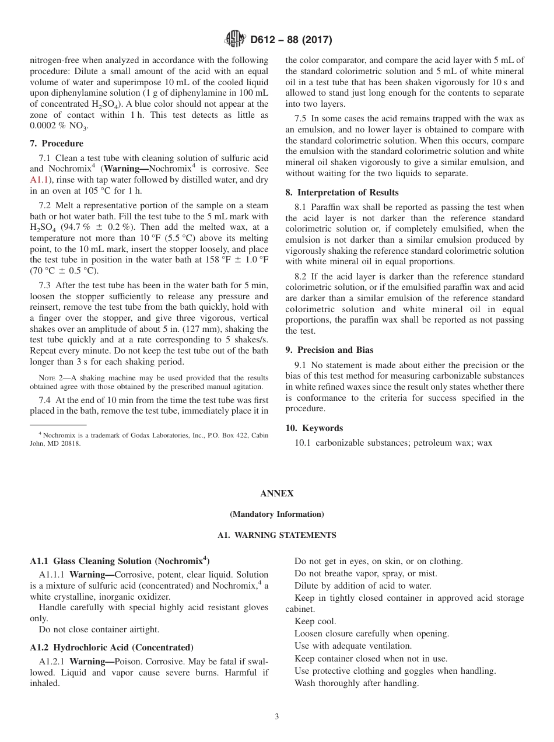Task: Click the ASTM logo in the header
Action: click(x=235, y=40)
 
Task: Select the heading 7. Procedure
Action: click(x=57, y=143)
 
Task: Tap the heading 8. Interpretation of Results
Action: click(x=342, y=192)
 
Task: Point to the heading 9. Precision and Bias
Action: click(x=329, y=350)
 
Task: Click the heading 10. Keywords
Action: click(x=314, y=428)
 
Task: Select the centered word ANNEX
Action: click(x=277, y=494)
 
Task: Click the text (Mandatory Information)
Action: click(x=277, y=514)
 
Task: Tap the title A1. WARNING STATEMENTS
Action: click(x=277, y=535)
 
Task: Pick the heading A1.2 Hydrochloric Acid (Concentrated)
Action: click(x=111, y=647)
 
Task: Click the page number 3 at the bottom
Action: click(x=277, y=717)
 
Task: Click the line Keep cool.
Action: click(x=315, y=621)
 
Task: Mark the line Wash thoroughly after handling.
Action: click(x=356, y=683)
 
